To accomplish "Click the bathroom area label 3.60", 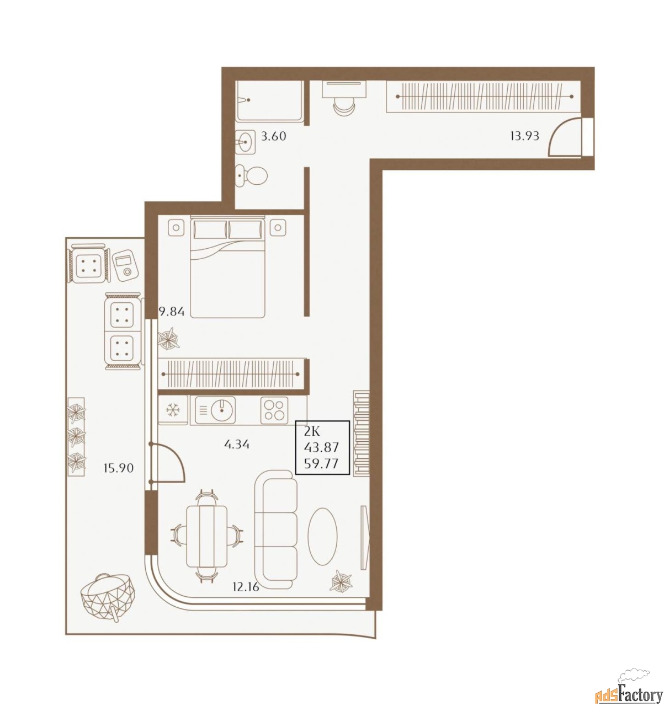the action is coord(273,136).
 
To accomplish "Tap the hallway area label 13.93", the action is coord(524,136).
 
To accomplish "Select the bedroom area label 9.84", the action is coord(172,312).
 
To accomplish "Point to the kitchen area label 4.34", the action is coord(237,444).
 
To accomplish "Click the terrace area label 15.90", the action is coord(119,468).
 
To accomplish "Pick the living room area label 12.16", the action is coord(246,586).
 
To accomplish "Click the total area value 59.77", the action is coord(321,463).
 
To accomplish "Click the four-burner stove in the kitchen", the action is coord(274,410).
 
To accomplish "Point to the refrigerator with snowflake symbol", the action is coord(173,410).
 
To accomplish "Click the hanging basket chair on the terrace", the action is coord(108,597).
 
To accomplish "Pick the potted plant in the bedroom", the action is coord(168,338).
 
